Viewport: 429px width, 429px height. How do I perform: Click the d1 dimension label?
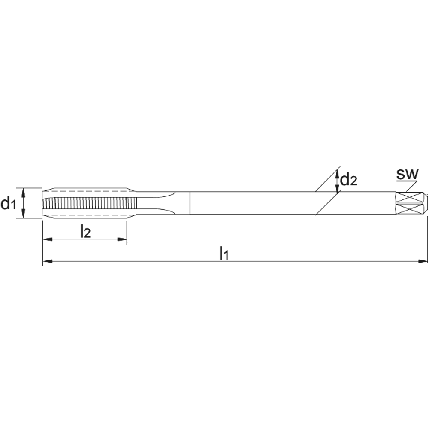8,203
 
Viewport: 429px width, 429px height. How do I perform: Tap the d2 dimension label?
348,180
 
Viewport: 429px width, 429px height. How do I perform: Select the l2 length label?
85,232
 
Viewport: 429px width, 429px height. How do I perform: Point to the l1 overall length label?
224,253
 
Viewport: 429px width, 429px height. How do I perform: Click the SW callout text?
408,174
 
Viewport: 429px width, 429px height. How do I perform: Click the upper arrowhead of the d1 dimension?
24,193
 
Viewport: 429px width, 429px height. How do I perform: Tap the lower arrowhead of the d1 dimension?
24,214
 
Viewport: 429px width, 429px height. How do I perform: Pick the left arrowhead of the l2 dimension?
48,239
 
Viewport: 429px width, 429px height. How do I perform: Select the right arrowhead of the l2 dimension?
122,239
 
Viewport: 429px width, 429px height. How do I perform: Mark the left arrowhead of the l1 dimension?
48,262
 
